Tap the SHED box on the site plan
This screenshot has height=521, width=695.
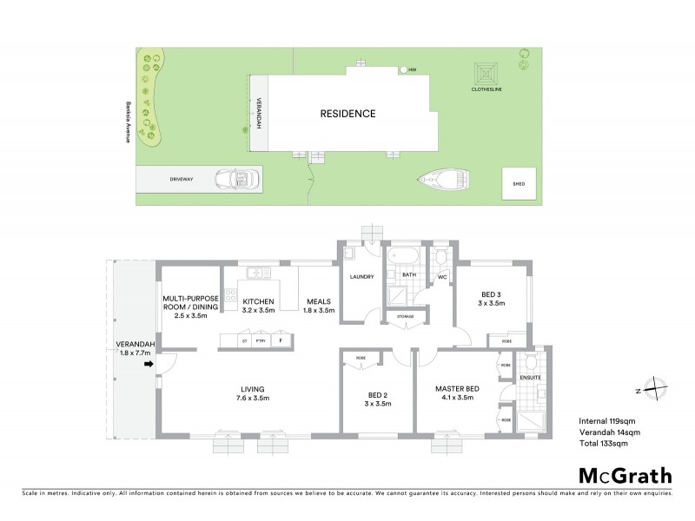point(520,184)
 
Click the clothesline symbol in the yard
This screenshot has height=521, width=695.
point(485,73)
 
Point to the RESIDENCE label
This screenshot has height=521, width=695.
point(347,113)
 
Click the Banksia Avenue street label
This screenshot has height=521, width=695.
point(128,122)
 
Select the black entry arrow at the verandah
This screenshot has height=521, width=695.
point(149,365)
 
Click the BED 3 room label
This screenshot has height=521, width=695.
point(493,298)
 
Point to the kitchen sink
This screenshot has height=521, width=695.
point(255,274)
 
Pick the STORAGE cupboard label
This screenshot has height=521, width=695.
point(406,317)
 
